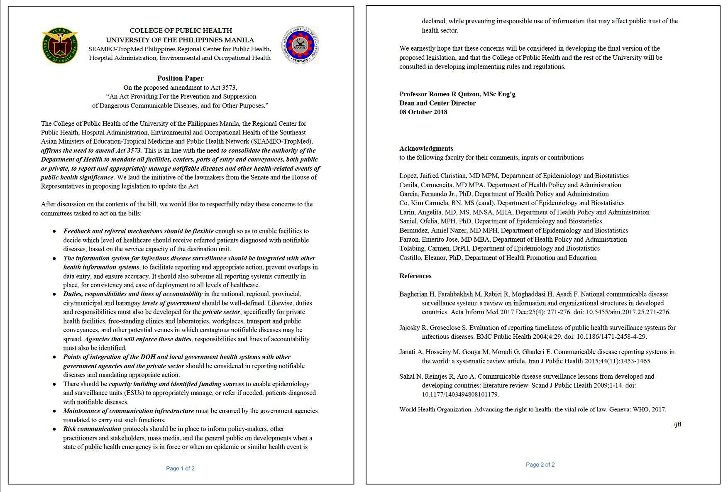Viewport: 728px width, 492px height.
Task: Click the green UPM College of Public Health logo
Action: click(60, 45)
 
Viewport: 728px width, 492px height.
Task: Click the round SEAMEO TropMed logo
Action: click(300, 45)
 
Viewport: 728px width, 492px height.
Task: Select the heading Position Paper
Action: click(180, 78)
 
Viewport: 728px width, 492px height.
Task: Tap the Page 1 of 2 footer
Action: click(180, 468)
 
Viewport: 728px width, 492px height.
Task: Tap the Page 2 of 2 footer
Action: click(540, 465)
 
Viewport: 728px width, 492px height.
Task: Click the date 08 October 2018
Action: click(423, 112)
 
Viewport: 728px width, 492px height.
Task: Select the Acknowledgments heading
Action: click(426, 149)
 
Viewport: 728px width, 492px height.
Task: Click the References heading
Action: click(415, 276)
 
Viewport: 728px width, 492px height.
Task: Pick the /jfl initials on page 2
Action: click(677, 424)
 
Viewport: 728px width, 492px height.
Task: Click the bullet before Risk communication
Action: click(54, 429)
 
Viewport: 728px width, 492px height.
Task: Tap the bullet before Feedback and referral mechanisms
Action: click(54, 231)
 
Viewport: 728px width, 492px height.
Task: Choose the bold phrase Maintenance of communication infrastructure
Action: click(129, 411)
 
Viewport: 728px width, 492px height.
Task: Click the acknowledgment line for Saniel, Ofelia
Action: click(500, 221)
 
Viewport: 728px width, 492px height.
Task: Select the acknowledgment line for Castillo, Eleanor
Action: click(498, 258)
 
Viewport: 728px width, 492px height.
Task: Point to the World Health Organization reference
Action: click(533, 409)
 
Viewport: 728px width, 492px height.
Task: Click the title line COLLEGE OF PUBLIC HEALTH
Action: click(181, 31)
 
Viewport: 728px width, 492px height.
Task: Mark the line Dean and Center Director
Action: click(437, 103)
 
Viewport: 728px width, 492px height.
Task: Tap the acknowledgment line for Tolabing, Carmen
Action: click(499, 249)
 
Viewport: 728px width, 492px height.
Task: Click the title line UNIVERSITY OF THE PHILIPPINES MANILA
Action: click(180, 40)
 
